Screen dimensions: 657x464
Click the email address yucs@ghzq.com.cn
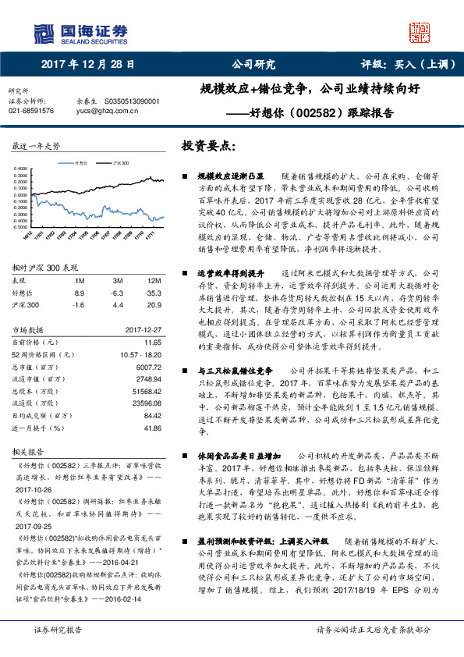[x=108, y=111]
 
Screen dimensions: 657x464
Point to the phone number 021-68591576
[x=31, y=111]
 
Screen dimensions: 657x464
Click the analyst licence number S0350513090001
[x=129, y=101]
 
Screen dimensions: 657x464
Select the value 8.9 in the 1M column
[x=79, y=291]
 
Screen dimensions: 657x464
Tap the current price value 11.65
[x=153, y=342]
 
